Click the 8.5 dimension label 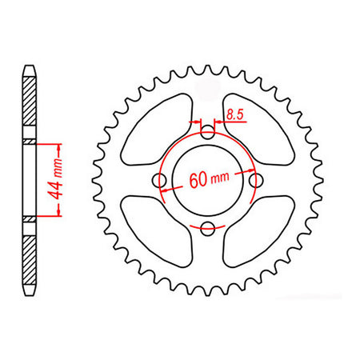click(235, 114)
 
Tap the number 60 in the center click(198, 180)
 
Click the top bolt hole click(207, 132)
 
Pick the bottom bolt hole click(207, 229)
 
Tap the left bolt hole click(159, 181)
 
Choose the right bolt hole click(256, 181)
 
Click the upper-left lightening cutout click(157, 129)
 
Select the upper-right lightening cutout click(258, 129)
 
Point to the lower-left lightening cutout click(157, 231)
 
